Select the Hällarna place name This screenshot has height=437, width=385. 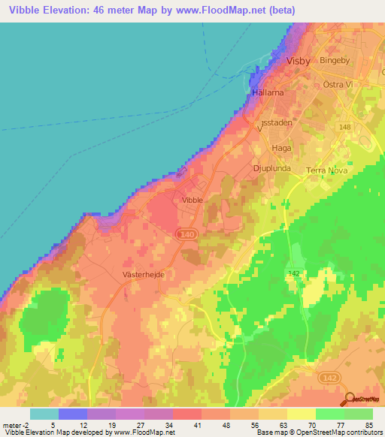[x=267, y=91]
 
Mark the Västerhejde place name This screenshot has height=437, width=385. [x=143, y=276]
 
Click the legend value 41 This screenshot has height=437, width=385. [x=199, y=424]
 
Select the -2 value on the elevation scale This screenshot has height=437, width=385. [x=25, y=424]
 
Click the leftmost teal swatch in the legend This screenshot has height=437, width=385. [x=44, y=413]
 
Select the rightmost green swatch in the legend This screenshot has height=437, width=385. [x=358, y=413]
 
